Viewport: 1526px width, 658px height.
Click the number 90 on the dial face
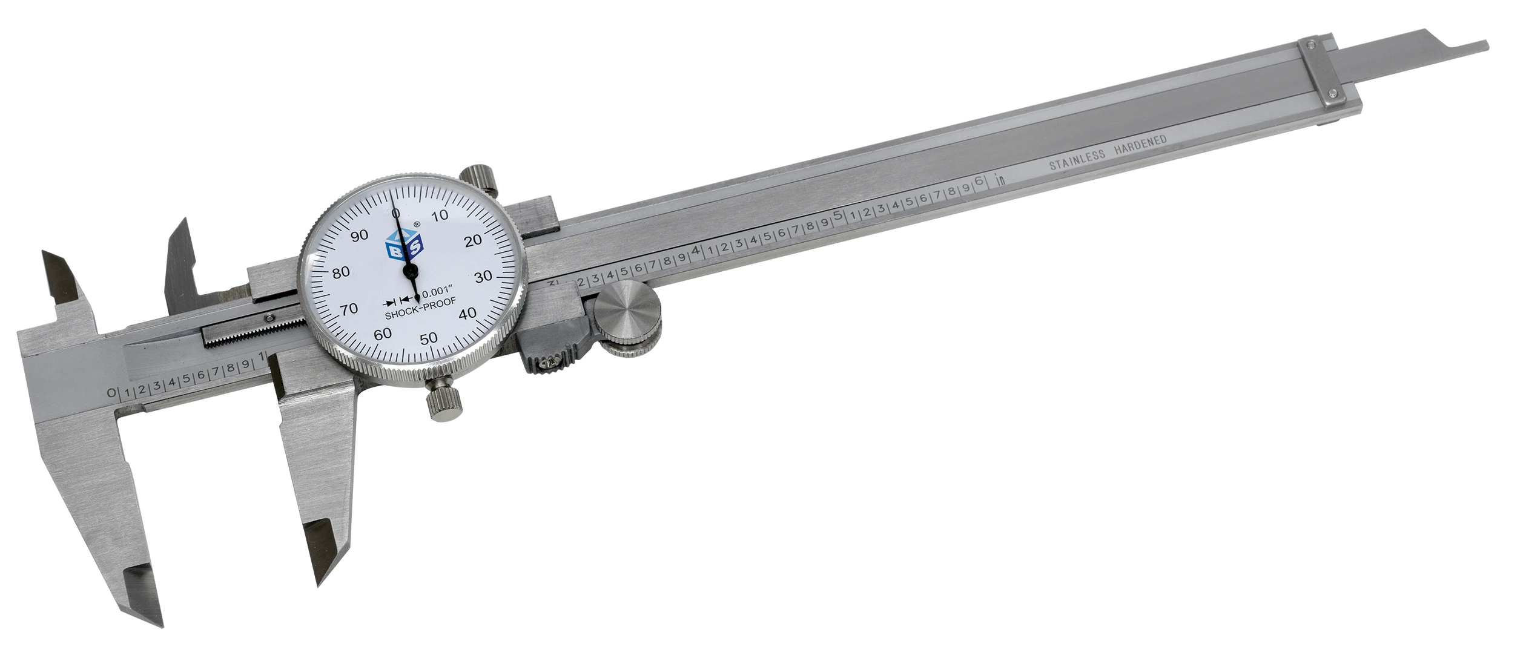pyautogui.click(x=360, y=235)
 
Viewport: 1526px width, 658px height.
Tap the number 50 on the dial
pyautogui.click(x=429, y=338)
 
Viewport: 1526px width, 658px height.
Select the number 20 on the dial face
pyautogui.click(x=473, y=240)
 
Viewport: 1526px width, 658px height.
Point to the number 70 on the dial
pyautogui.click(x=349, y=309)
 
